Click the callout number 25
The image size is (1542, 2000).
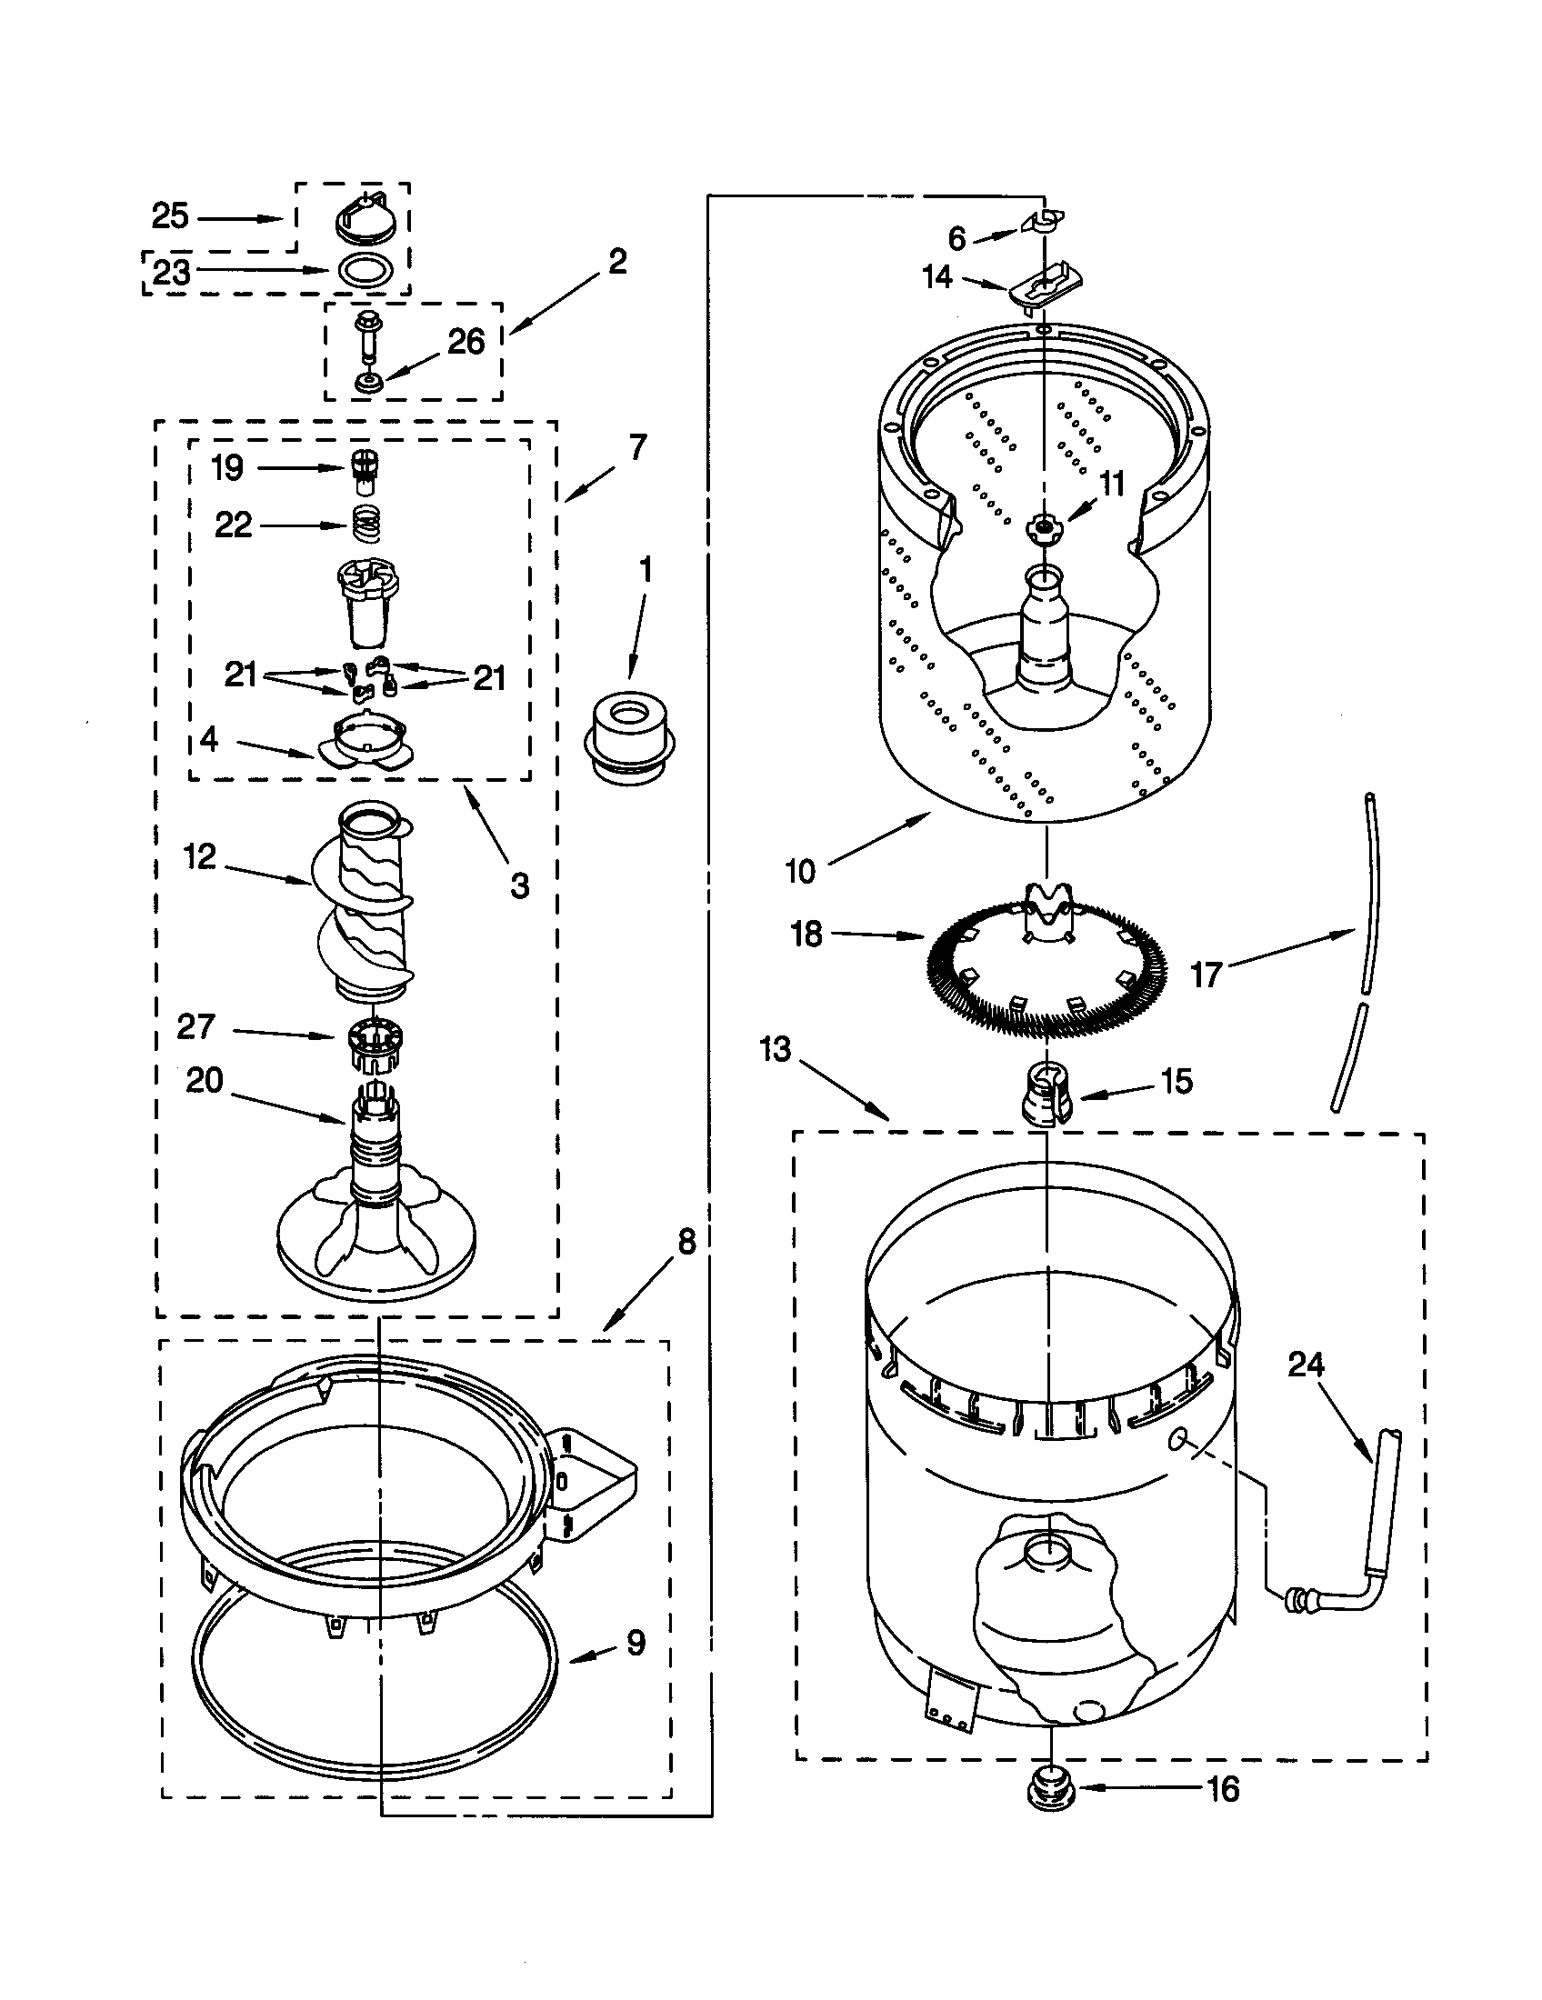pyautogui.click(x=170, y=217)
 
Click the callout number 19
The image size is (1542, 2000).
pyautogui.click(x=227, y=468)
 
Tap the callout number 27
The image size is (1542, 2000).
pyautogui.click(x=195, y=1026)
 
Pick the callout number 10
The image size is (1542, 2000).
pyautogui.click(x=799, y=871)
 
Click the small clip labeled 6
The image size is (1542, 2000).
pyautogui.click(x=1040, y=221)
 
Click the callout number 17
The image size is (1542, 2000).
pyautogui.click(x=1206, y=975)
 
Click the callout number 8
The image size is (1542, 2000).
pyautogui.click(x=686, y=1243)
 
